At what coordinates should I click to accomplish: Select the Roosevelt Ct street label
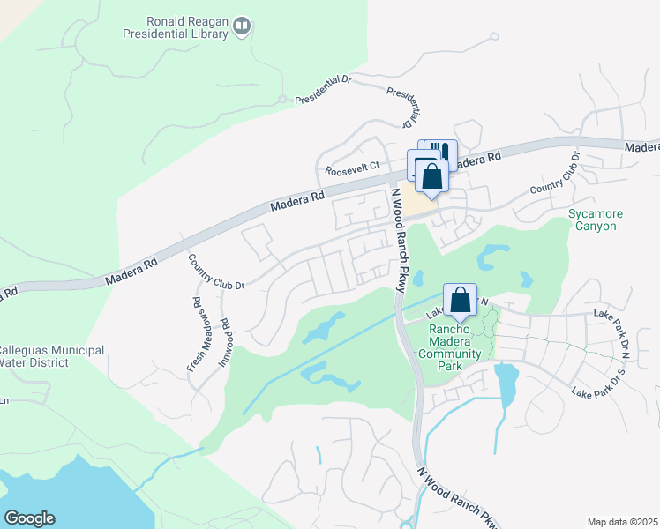coord(352,166)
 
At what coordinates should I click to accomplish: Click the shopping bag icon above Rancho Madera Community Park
coord(461,300)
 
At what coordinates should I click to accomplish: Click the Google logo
coord(29,518)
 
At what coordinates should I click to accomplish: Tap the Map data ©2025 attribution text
coord(622,522)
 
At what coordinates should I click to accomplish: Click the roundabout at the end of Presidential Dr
coord(281,99)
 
